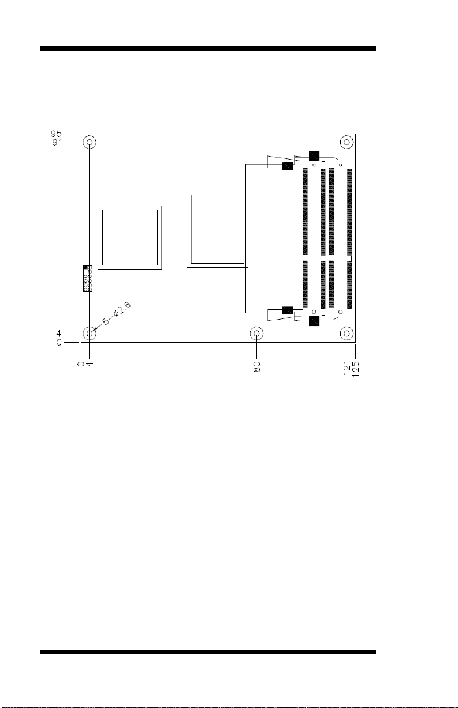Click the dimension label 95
coord(57,134)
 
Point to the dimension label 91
coord(57,142)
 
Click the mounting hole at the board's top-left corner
coord(90,142)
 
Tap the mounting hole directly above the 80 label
coord(256,334)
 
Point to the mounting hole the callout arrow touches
coord(90,334)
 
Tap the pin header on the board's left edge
coord(88,279)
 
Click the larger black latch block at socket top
coord(314,155)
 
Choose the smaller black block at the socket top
coord(287,166)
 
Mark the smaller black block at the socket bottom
coord(287,310)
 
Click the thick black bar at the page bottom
coord(208,652)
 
